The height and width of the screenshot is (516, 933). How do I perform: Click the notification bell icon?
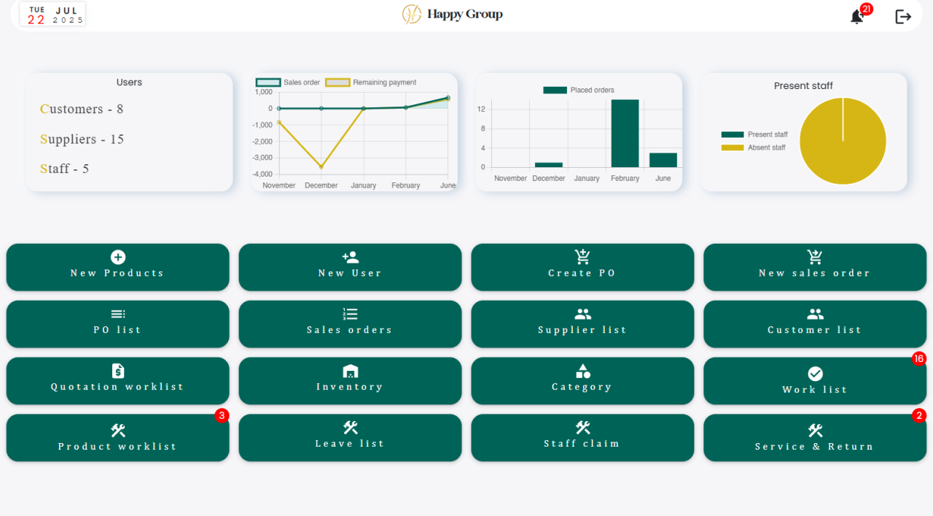coord(856,17)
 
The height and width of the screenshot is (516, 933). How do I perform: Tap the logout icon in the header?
coord(903,17)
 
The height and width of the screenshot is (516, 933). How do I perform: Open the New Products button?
coord(118,267)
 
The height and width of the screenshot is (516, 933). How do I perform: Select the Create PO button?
coord(582,267)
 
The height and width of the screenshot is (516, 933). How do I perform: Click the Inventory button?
coord(350,380)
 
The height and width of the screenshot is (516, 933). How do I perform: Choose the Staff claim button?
coord(582,437)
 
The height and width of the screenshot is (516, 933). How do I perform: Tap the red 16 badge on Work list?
coord(919,359)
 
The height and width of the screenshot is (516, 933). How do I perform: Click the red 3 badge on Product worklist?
coord(222,415)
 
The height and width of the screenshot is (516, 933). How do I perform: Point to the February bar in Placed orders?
coord(625,134)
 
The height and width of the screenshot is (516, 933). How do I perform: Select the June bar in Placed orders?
coord(663,160)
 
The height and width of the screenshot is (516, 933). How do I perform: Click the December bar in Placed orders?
coord(549,165)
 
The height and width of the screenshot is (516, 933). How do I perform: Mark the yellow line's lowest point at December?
coord(321,167)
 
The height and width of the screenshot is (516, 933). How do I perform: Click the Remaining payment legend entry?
coord(371,82)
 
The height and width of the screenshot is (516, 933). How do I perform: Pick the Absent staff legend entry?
coord(753,147)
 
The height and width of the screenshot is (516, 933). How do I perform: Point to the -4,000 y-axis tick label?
coord(262,174)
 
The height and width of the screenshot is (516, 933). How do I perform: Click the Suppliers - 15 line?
coord(82,139)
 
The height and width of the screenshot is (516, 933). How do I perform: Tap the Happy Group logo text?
coord(465,14)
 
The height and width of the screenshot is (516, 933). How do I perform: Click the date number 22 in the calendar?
coord(36,20)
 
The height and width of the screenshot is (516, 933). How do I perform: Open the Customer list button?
coord(815,324)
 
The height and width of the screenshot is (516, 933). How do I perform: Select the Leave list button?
coord(350,437)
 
